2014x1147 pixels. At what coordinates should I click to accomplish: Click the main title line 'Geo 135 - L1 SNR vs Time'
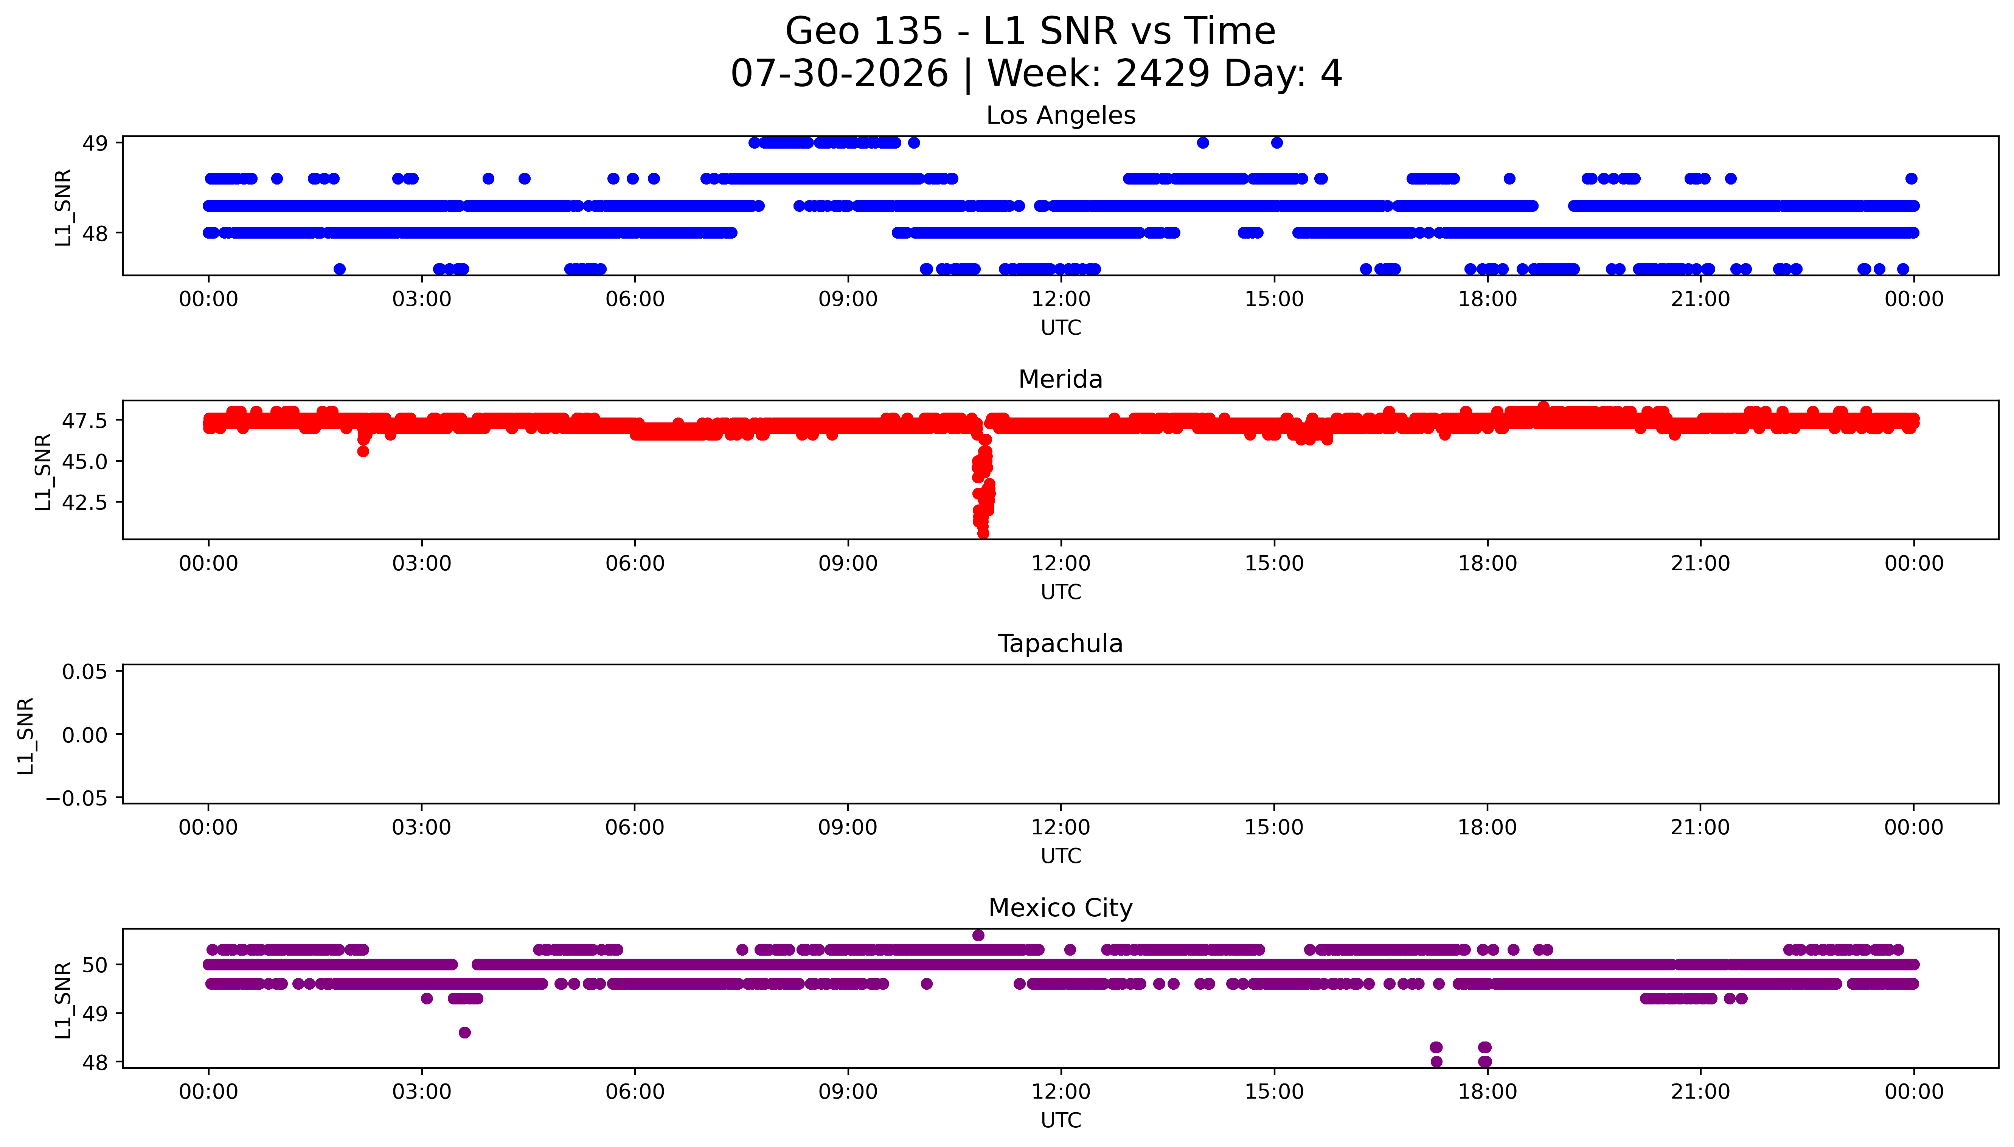1030,31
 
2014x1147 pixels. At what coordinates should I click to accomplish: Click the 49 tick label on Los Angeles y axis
95,143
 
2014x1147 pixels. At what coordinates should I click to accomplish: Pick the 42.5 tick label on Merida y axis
85,503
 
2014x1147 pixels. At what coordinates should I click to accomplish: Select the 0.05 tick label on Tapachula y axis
85,672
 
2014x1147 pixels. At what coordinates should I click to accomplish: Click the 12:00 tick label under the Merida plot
1061,564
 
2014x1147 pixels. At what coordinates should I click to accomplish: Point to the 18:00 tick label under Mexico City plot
1487,1093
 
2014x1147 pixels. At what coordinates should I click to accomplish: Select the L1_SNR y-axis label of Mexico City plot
63,1000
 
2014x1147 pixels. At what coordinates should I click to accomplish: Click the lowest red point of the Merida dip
983,533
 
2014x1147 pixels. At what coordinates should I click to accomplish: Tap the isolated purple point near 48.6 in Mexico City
465,1033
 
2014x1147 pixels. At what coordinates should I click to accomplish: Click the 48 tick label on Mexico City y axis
95,1063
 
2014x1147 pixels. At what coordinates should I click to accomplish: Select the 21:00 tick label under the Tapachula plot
1700,828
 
